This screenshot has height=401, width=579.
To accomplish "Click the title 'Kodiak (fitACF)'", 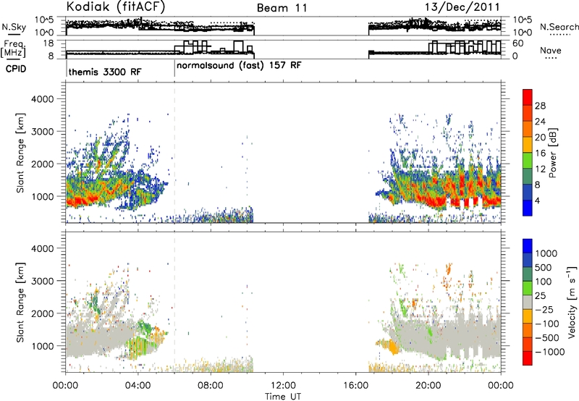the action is [116, 7].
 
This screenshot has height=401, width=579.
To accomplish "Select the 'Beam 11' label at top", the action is [282, 8].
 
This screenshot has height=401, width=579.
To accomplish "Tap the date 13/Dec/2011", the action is [462, 7].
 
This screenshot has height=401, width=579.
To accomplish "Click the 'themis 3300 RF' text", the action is [105, 72].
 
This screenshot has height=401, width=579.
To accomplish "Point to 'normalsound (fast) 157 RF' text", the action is [239, 65].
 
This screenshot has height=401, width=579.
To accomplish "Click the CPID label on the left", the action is [16, 69].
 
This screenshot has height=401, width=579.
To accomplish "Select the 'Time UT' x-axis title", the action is [283, 396].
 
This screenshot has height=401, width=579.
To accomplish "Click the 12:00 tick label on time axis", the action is [283, 386].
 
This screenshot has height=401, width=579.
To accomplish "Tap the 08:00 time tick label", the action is [211, 386].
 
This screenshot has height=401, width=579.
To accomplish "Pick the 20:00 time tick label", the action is [428, 386].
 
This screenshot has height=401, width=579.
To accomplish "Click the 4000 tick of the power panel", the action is [42, 99].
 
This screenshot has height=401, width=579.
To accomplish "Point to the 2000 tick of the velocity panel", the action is [42, 313].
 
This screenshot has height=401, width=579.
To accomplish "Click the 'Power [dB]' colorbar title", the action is [552, 153].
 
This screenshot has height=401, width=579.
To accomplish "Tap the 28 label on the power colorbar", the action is [540, 106].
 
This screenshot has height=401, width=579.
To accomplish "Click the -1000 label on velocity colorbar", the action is [549, 352].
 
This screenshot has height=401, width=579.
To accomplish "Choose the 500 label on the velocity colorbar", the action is [543, 268].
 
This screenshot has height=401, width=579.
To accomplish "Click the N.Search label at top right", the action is [559, 27].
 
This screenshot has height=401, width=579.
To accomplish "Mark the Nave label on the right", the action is [551, 51].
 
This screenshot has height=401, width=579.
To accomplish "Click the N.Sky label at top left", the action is [14, 27].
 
